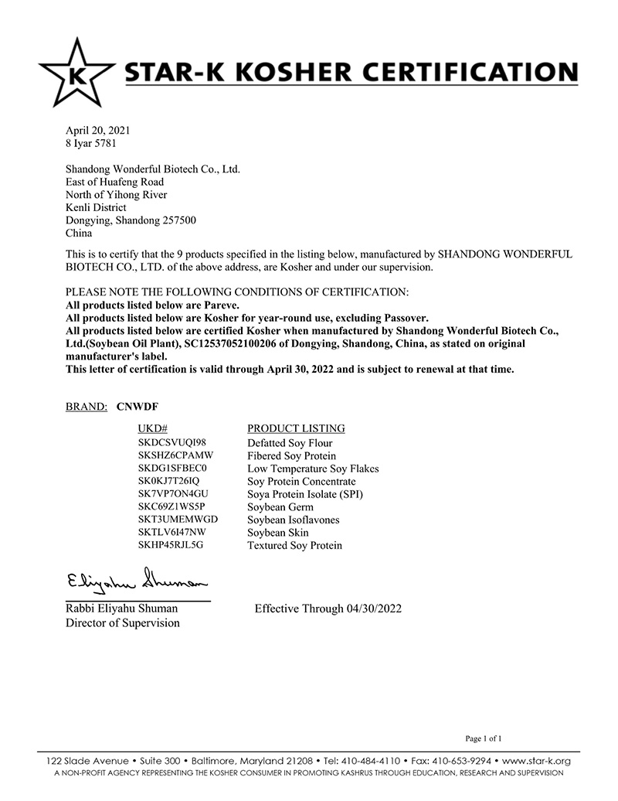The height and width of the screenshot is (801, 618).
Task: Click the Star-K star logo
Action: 74,74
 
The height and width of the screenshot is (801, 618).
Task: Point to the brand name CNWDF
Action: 137,404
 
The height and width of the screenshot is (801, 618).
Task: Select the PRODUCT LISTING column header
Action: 296,428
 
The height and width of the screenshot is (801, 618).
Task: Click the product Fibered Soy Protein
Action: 291,456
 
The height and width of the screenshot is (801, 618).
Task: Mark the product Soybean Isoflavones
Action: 293,520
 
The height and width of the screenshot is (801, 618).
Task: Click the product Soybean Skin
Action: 277,533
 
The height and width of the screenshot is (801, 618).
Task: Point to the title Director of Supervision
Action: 123,623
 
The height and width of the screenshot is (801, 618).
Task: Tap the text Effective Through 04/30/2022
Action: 328,608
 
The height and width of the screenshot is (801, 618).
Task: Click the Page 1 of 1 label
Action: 484,738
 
